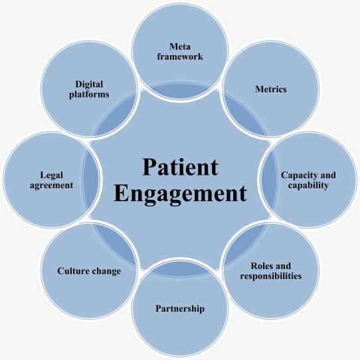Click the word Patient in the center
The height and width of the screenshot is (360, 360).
click(x=179, y=166)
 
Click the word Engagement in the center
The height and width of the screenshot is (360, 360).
click(x=180, y=194)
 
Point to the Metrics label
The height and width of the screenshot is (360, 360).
click(x=271, y=89)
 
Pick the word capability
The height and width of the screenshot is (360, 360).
click(x=308, y=185)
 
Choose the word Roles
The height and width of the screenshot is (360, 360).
click(x=263, y=264)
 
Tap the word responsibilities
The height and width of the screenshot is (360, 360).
click(x=271, y=275)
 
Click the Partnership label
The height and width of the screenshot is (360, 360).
click(x=180, y=309)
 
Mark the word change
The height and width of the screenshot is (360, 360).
click(x=106, y=271)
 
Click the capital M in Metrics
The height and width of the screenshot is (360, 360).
click(x=259, y=89)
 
